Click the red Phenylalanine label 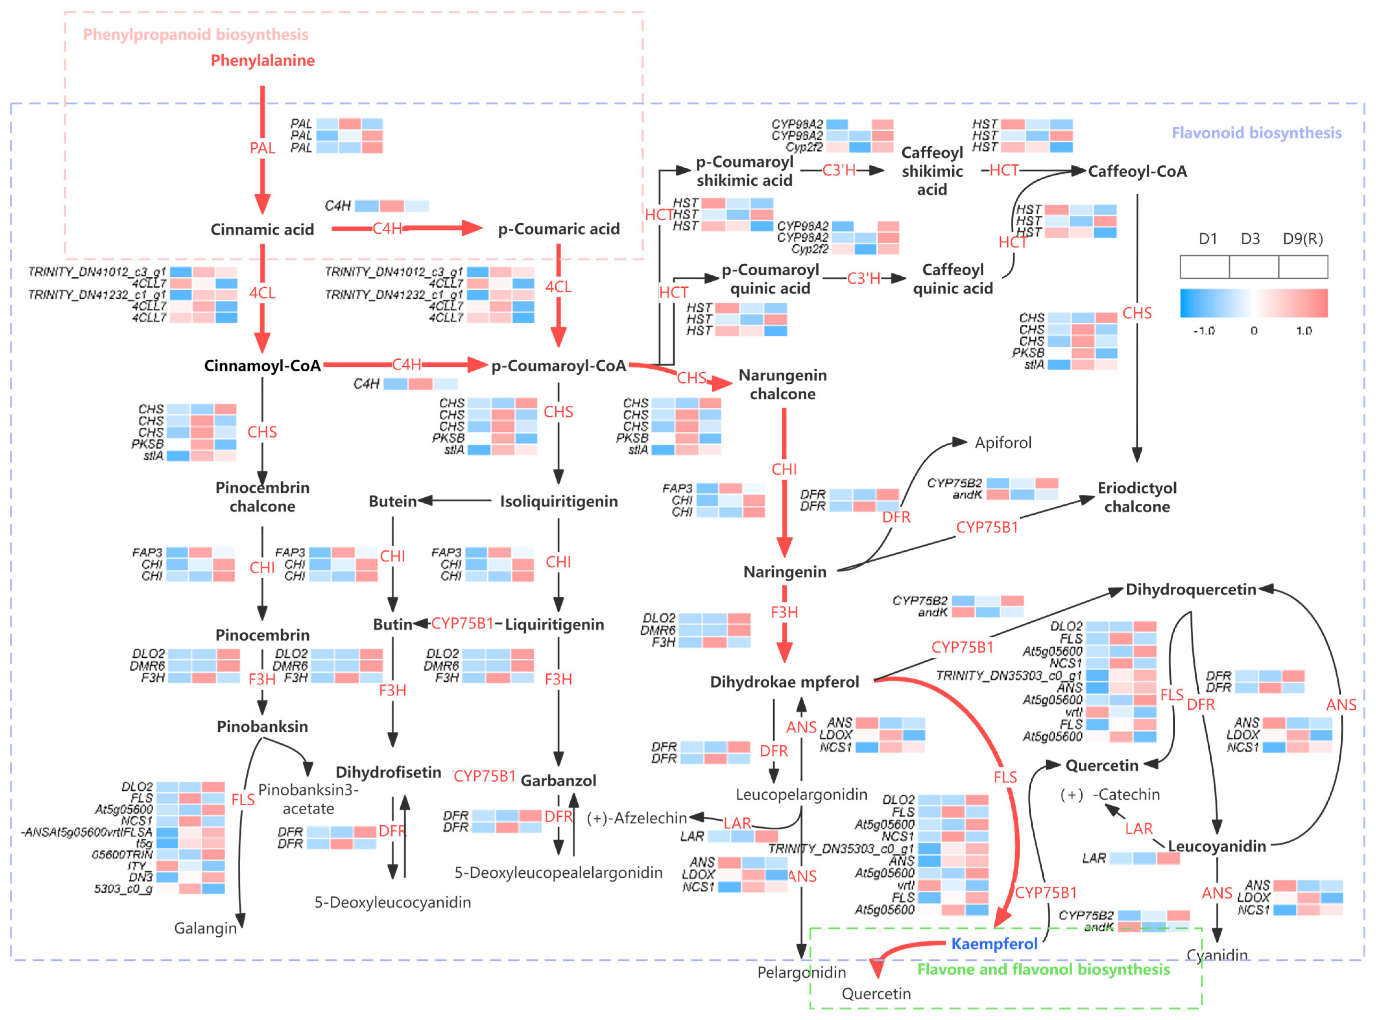pyautogui.click(x=262, y=61)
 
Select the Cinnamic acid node pyautogui.click(x=262, y=230)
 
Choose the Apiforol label pyautogui.click(x=1002, y=443)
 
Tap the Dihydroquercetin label pyautogui.click(x=1190, y=590)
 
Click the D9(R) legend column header pyautogui.click(x=1302, y=239)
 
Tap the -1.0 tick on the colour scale pyautogui.click(x=1204, y=331)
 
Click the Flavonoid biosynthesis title pyautogui.click(x=1256, y=133)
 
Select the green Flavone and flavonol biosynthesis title pyautogui.click(x=1043, y=969)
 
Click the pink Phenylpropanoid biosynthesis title pyautogui.click(x=196, y=35)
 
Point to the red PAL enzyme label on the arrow pyautogui.click(x=262, y=148)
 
